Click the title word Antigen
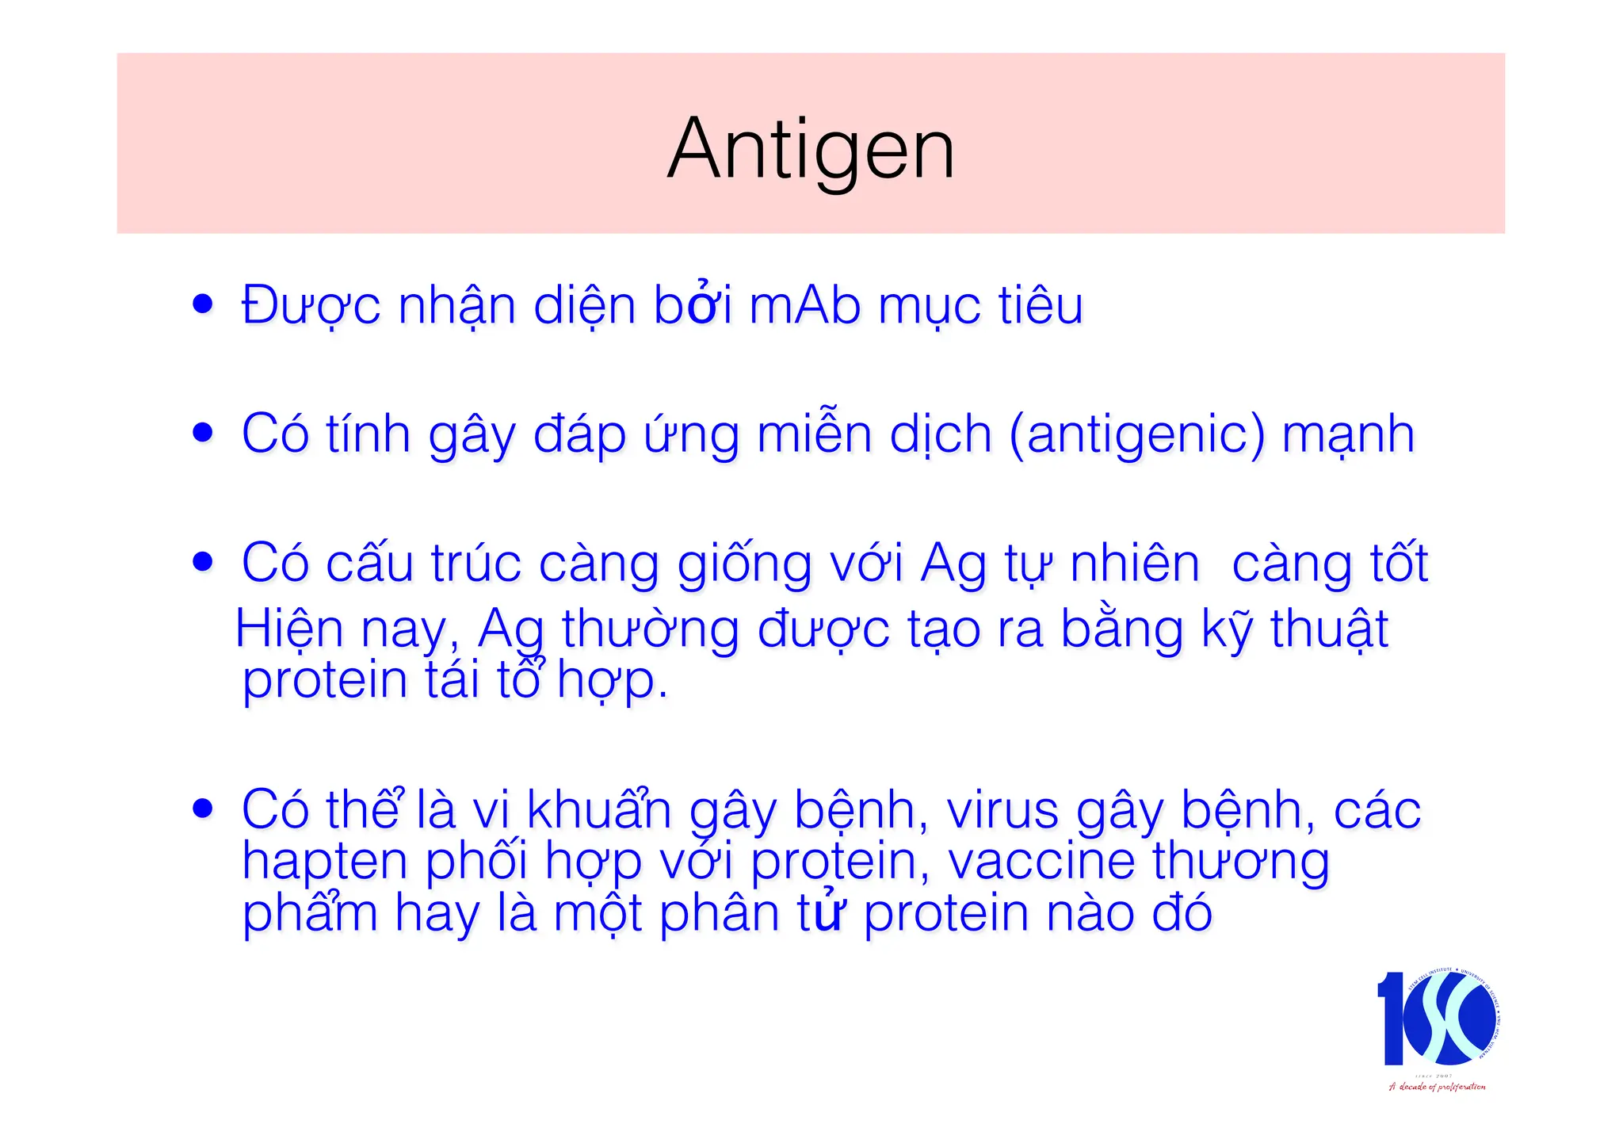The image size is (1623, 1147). tap(811, 149)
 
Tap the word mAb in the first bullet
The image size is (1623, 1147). tap(804, 306)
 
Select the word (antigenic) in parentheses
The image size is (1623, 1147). tap(1136, 434)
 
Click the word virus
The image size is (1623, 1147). tap(1002, 810)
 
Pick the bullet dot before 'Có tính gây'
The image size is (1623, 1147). tap(203, 433)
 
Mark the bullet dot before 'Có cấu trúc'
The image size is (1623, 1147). tap(203, 562)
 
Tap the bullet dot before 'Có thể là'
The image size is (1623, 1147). tap(203, 809)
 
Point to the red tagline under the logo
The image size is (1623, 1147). tap(1437, 1087)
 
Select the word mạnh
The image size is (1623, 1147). tap(1348, 434)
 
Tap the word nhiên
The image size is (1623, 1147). tap(1135, 564)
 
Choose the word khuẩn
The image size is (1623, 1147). tap(599, 810)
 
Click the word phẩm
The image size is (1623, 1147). tap(310, 913)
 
